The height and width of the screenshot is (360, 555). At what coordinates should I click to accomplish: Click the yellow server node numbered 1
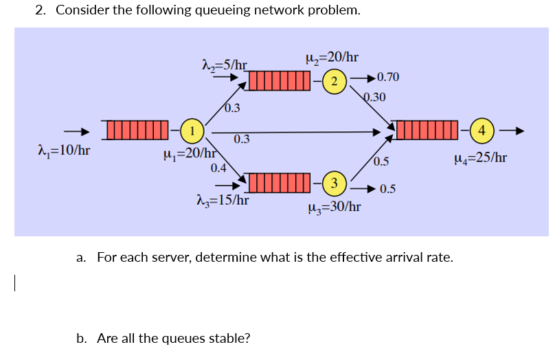(194, 131)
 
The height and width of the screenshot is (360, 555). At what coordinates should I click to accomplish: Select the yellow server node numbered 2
(333, 82)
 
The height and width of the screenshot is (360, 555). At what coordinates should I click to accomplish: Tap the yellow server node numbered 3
(333, 183)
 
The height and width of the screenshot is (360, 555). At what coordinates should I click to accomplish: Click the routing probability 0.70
(389, 77)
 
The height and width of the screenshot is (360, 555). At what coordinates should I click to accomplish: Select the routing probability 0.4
(219, 167)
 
